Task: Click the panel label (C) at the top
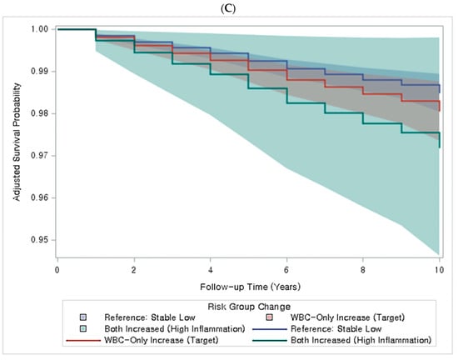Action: pos(228,8)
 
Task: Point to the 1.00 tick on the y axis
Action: pos(39,29)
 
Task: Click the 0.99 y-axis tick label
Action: pos(39,72)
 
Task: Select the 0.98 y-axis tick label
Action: pos(39,113)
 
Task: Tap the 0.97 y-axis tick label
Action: pos(39,156)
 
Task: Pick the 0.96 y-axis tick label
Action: pos(39,197)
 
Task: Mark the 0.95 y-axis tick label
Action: pos(39,240)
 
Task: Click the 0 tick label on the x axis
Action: pos(57,270)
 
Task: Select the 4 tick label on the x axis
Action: pos(211,270)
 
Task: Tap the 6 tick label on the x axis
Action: pos(286,270)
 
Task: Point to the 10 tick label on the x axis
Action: pos(440,270)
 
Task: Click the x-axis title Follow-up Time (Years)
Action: pos(251,287)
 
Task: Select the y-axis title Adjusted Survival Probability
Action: pos(17,142)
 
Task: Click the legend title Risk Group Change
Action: pos(249,307)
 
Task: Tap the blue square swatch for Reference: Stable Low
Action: pos(83,317)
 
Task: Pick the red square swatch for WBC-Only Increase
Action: pos(270,317)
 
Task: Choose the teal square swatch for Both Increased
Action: pos(83,328)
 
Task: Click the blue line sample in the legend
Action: pos(270,329)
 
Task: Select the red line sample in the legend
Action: pos(83,341)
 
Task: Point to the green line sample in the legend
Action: pos(270,341)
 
